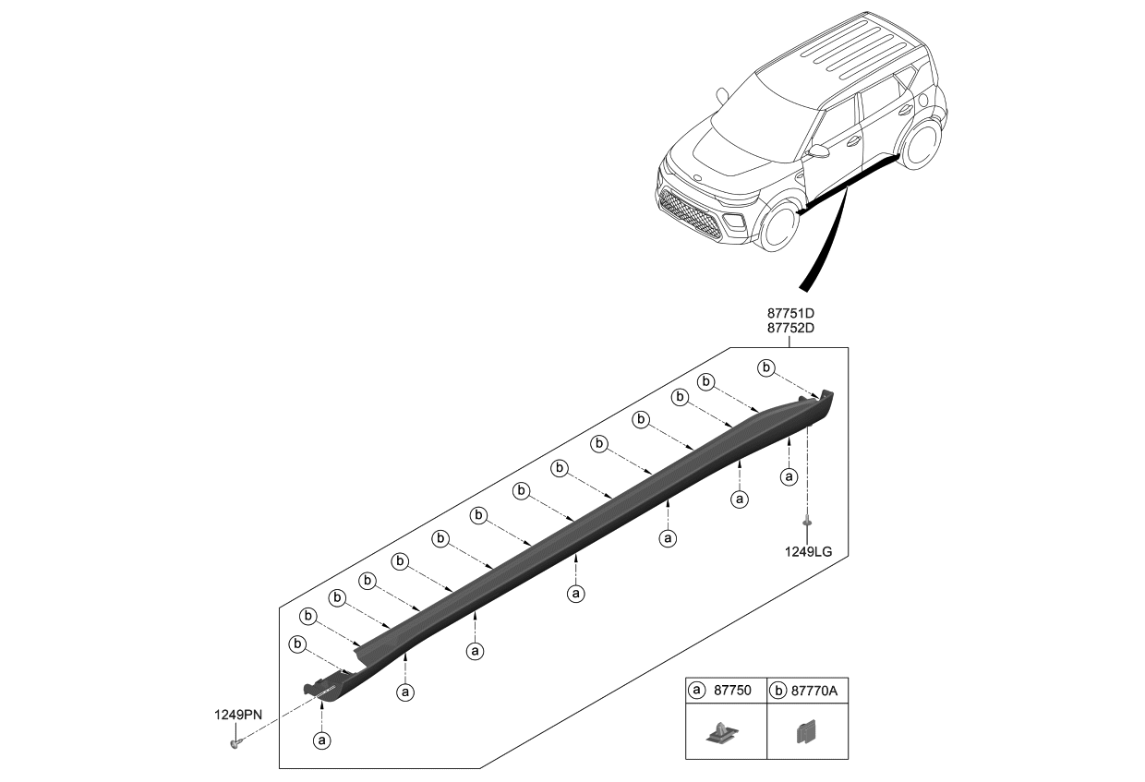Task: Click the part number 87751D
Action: click(789, 313)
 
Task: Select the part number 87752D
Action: click(789, 328)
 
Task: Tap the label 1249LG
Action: click(808, 551)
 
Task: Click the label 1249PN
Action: click(238, 714)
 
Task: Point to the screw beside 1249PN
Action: click(235, 741)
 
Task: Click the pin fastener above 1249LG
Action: click(808, 523)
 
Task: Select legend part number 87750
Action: click(734, 690)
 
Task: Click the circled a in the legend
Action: click(697, 690)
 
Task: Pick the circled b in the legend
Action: click(778, 690)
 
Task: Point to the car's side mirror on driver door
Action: click(817, 151)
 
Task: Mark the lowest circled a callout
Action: click(321, 740)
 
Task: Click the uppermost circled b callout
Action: click(765, 367)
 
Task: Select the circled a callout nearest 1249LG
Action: click(789, 476)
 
